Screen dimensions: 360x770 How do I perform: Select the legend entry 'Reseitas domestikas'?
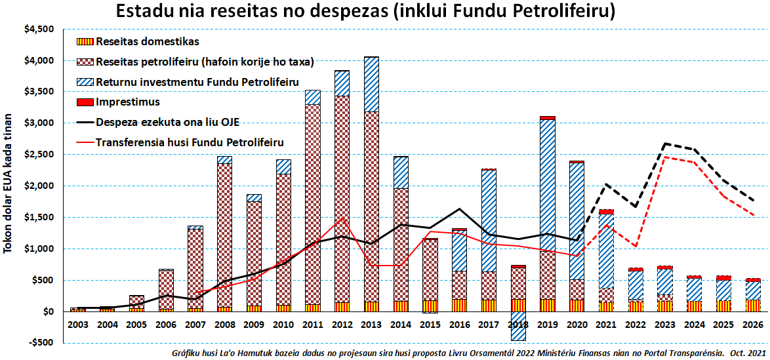(x=147, y=42)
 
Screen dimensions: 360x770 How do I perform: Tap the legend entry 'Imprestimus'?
(x=128, y=102)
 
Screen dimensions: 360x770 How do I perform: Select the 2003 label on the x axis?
(x=78, y=325)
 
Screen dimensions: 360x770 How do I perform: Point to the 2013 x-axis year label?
(x=371, y=325)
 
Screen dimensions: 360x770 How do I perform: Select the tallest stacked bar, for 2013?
(x=371, y=197)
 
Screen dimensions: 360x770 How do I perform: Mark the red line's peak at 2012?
(x=342, y=218)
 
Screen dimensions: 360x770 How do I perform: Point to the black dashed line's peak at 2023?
(x=665, y=143)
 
